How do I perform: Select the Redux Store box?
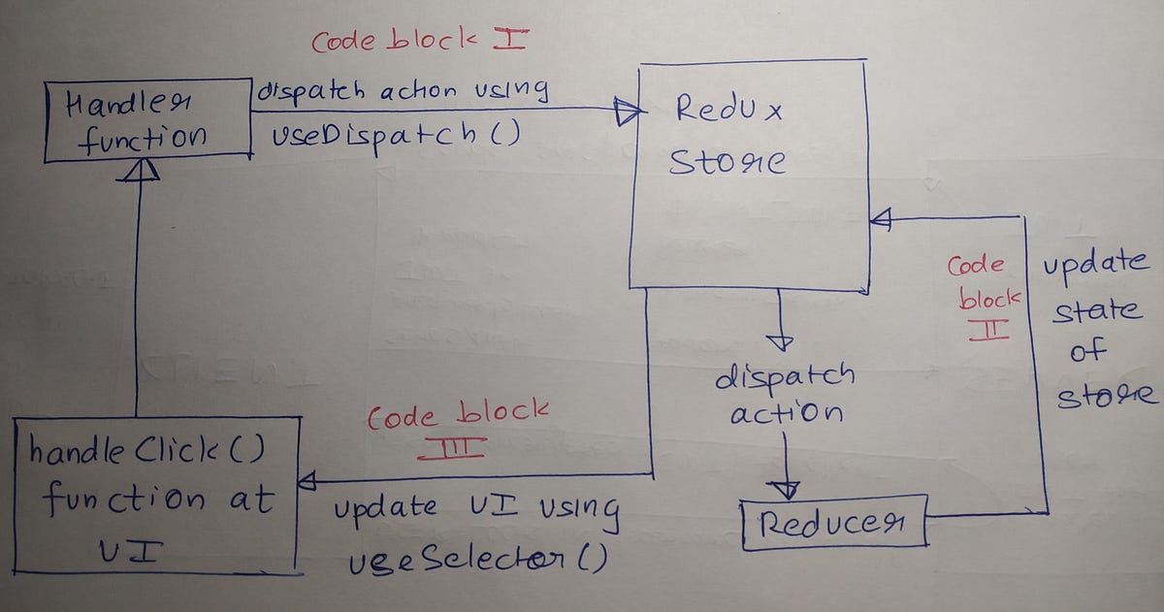(x=747, y=175)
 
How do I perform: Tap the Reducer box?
(x=832, y=524)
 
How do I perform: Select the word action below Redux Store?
(x=786, y=415)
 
